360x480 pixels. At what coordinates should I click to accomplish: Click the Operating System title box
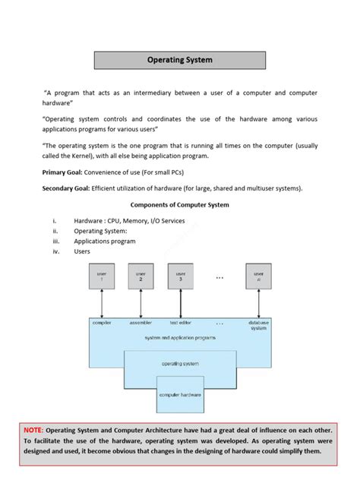(179, 60)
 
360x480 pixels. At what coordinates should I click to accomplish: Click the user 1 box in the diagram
(101, 276)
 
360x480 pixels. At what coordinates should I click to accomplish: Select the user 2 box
(141, 276)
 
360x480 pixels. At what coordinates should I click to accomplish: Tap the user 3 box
(180, 276)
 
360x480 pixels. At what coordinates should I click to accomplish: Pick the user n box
(258, 276)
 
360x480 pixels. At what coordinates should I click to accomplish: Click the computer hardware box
(179, 396)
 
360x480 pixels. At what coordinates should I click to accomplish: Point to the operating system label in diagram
(180, 364)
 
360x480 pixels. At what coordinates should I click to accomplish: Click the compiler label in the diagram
(102, 323)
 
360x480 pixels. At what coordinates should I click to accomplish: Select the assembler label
(141, 323)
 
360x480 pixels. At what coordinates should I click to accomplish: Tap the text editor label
(180, 323)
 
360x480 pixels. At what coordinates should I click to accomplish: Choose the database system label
(258, 325)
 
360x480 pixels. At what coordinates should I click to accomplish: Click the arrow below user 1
(101, 304)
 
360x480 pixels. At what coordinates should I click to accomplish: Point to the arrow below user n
(258, 304)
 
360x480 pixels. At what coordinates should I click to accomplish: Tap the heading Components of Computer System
(180, 205)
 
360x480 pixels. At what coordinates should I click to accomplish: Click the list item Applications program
(105, 242)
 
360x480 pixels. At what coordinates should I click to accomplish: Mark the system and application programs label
(180, 337)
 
